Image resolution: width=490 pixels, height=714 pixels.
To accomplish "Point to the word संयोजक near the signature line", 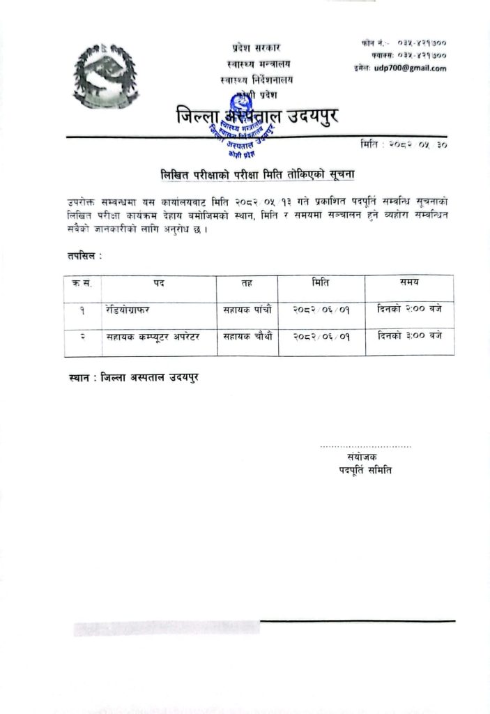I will pos(362,457).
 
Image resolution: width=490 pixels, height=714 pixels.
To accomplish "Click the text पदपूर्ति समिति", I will pos(362,470).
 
